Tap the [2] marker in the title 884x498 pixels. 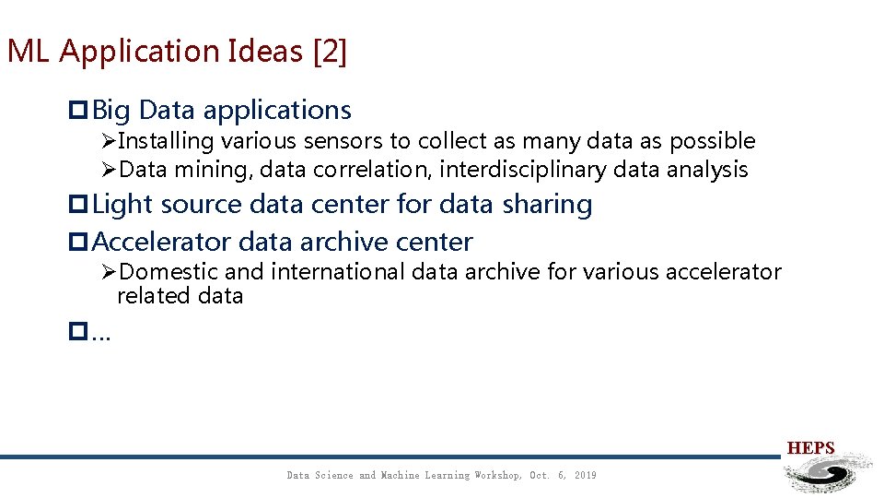pos(330,52)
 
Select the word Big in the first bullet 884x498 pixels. pos(111,111)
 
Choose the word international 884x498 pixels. pos(337,272)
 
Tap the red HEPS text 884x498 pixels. pos(810,449)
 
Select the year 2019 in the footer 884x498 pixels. pos(585,476)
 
